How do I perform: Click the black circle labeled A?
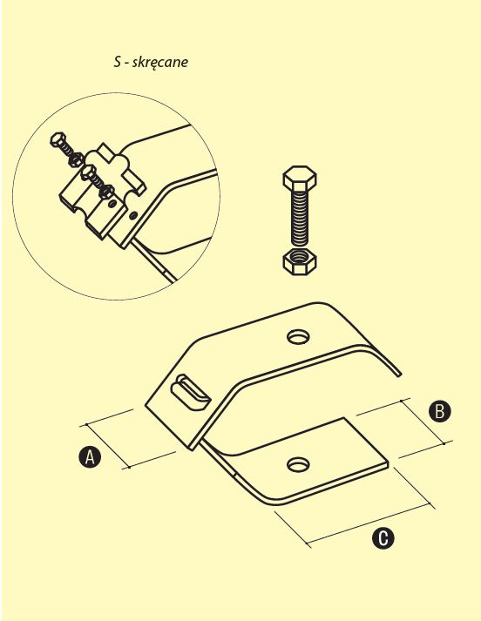coord(90,456)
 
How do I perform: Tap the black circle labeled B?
coord(440,411)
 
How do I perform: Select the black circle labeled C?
coord(383,538)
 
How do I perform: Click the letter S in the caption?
coord(117,62)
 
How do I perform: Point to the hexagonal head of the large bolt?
coord(300,178)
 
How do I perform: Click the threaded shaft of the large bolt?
coord(300,219)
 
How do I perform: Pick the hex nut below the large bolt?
coord(300,261)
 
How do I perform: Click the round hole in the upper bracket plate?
coord(298,337)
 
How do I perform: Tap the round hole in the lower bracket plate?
coord(298,464)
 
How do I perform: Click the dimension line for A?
coord(107,446)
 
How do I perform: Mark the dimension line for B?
coord(423,422)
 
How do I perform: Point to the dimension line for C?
coord(369,524)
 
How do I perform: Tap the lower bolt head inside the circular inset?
coord(88,172)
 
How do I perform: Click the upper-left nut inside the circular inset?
coord(75,159)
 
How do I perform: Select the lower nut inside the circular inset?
coord(106,192)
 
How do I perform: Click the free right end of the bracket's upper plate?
coord(399,374)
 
